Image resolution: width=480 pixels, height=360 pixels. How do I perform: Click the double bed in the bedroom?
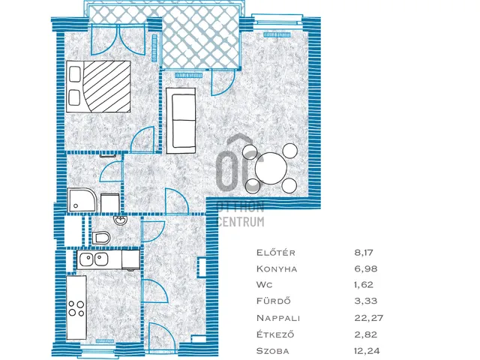tap(98, 87)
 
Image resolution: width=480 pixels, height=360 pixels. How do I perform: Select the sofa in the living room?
tap(181, 121)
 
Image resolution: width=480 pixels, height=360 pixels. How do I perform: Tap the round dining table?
tap(271, 168)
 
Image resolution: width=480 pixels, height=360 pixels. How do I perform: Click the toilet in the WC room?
tap(101, 238)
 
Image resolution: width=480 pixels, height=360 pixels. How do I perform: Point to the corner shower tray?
tap(82, 199)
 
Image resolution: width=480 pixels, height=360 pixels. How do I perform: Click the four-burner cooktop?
tap(76, 308)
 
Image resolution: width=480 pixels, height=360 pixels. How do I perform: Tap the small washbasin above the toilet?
tap(120, 220)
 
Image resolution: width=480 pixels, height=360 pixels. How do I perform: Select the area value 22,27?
tap(368, 318)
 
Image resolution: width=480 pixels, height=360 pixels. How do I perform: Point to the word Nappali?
tap(278, 318)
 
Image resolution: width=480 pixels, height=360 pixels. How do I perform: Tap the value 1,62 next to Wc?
tap(364, 285)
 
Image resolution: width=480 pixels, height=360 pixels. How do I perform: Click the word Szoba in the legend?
tap(273, 351)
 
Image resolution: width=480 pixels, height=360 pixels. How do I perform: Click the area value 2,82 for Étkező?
tap(366, 334)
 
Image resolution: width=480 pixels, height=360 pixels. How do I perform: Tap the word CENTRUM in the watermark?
tap(241, 222)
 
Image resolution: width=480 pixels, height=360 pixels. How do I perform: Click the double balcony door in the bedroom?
tap(118, 40)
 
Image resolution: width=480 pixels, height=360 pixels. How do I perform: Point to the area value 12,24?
tap(367, 351)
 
